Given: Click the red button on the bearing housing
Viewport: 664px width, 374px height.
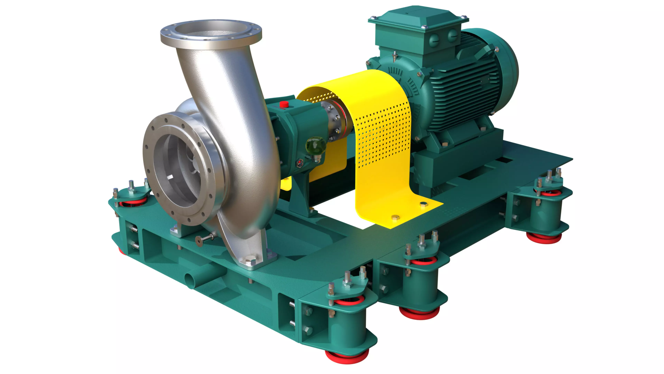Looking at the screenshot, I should tap(284, 104).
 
